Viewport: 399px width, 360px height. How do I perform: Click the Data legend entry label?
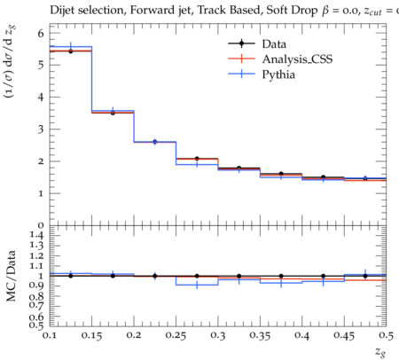(274, 44)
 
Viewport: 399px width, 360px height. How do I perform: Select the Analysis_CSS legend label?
(297, 59)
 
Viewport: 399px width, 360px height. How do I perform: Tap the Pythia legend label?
(278, 74)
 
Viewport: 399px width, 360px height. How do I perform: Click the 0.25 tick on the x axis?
(176, 335)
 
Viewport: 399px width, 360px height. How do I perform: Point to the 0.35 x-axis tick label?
(260, 335)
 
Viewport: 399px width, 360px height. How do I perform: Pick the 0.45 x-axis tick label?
(344, 335)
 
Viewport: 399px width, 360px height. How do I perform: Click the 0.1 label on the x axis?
(50, 335)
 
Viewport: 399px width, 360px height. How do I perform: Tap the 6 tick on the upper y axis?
(41, 33)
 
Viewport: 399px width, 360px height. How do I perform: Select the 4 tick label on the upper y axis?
(41, 97)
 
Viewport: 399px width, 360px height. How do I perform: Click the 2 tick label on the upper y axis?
(41, 161)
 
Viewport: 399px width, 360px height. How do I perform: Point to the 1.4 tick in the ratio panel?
(36, 236)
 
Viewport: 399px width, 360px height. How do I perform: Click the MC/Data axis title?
(11, 276)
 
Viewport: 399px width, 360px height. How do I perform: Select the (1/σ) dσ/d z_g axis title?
(10, 61)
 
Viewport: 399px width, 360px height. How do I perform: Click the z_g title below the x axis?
(380, 352)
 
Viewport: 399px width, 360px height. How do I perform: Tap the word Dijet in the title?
(62, 11)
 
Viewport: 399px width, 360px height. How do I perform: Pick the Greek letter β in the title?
(325, 11)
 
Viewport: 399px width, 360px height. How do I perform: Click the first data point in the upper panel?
(70, 51)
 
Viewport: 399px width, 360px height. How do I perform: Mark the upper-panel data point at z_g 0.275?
(197, 159)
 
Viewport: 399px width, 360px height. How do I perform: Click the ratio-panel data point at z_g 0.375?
(281, 276)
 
